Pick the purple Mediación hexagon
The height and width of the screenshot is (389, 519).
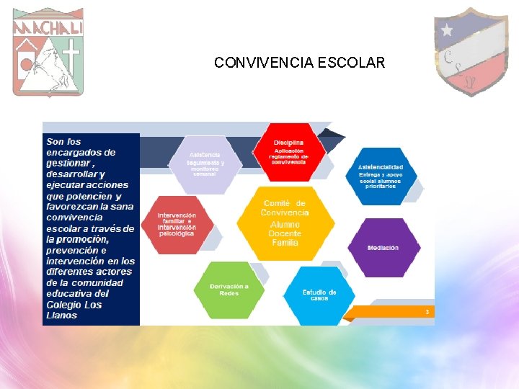pyautogui.click(x=383, y=248)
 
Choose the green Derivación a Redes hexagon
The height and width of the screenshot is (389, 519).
pyautogui.click(x=229, y=290)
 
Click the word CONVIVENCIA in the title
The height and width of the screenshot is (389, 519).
pyautogui.click(x=264, y=63)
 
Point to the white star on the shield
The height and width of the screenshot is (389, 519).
pyautogui.click(x=448, y=30)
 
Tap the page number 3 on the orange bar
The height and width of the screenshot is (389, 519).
pyautogui.click(x=427, y=312)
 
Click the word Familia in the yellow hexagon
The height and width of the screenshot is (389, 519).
pyautogui.click(x=285, y=243)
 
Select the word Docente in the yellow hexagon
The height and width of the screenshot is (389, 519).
pyautogui.click(x=285, y=233)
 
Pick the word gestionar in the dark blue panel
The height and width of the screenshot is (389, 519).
pyautogui.click(x=68, y=164)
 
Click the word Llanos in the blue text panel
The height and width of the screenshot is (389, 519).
pyautogui.click(x=61, y=316)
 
